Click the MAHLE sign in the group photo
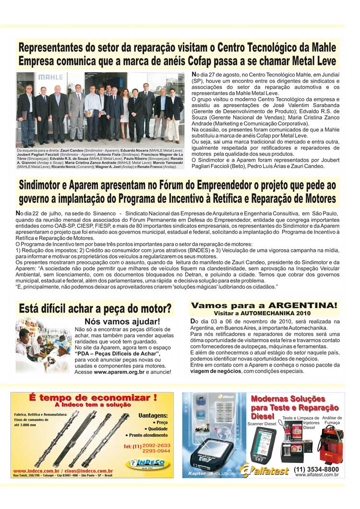tap(30, 77)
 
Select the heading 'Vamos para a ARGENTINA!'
tap(264, 306)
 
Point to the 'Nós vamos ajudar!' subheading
tap(122, 321)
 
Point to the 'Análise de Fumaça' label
tap(332, 420)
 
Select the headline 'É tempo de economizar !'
tap(93, 397)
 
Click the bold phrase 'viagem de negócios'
tap(214, 371)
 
